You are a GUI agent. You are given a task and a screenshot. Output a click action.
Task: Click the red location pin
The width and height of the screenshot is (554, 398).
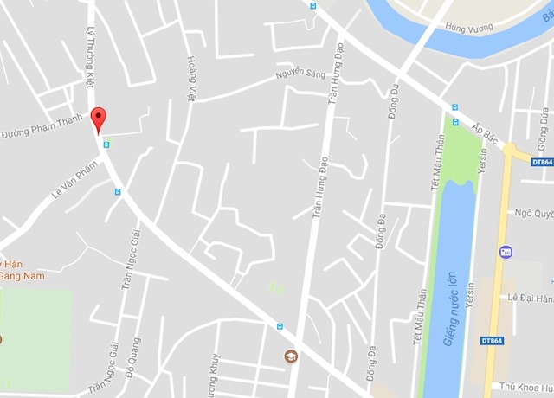[100, 119]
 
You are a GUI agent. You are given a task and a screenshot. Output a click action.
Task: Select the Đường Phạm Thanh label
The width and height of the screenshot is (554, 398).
[42, 126]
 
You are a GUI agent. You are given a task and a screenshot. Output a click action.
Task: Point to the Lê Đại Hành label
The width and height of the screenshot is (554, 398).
[530, 298]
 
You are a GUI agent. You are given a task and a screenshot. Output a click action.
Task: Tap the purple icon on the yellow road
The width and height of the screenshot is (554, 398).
[506, 252]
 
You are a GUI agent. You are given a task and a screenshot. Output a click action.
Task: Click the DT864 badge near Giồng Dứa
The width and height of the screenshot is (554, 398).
[542, 162]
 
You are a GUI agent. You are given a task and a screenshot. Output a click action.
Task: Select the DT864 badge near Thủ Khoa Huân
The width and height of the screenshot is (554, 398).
[492, 340]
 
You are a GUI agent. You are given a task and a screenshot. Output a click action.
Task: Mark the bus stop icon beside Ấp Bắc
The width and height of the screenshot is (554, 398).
[454, 107]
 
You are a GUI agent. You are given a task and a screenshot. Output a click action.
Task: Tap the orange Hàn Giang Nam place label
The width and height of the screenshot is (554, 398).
[22, 269]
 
